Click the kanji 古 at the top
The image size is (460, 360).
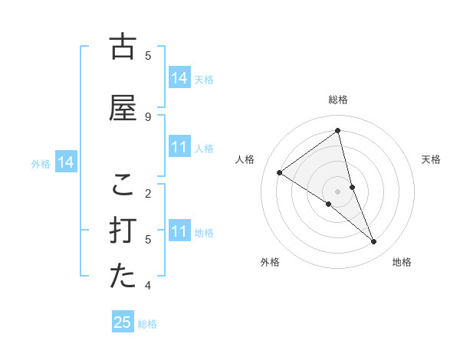pos(123,47)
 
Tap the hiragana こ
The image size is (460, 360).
pos(123,185)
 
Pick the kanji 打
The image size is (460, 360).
pos(123,231)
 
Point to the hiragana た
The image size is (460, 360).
pos(123,277)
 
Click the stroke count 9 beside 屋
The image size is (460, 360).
pos(148,116)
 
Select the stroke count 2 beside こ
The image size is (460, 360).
pos(148,193)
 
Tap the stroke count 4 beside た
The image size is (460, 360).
pos(148,286)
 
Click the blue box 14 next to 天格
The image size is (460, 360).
pos(179,78)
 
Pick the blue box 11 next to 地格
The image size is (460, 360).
pos(179,231)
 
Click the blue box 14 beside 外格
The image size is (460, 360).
pos(65,162)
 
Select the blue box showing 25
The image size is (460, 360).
pos(123,322)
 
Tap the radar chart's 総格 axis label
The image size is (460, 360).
pos(338,100)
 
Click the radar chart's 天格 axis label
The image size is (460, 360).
pos(431,159)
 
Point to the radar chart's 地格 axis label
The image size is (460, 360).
pos(402,262)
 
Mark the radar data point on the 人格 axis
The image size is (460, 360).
pos(279,172)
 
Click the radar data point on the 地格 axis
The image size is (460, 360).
pos(374,242)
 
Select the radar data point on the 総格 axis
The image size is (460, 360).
pos(338,131)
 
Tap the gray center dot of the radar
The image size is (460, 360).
pos(338,191)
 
